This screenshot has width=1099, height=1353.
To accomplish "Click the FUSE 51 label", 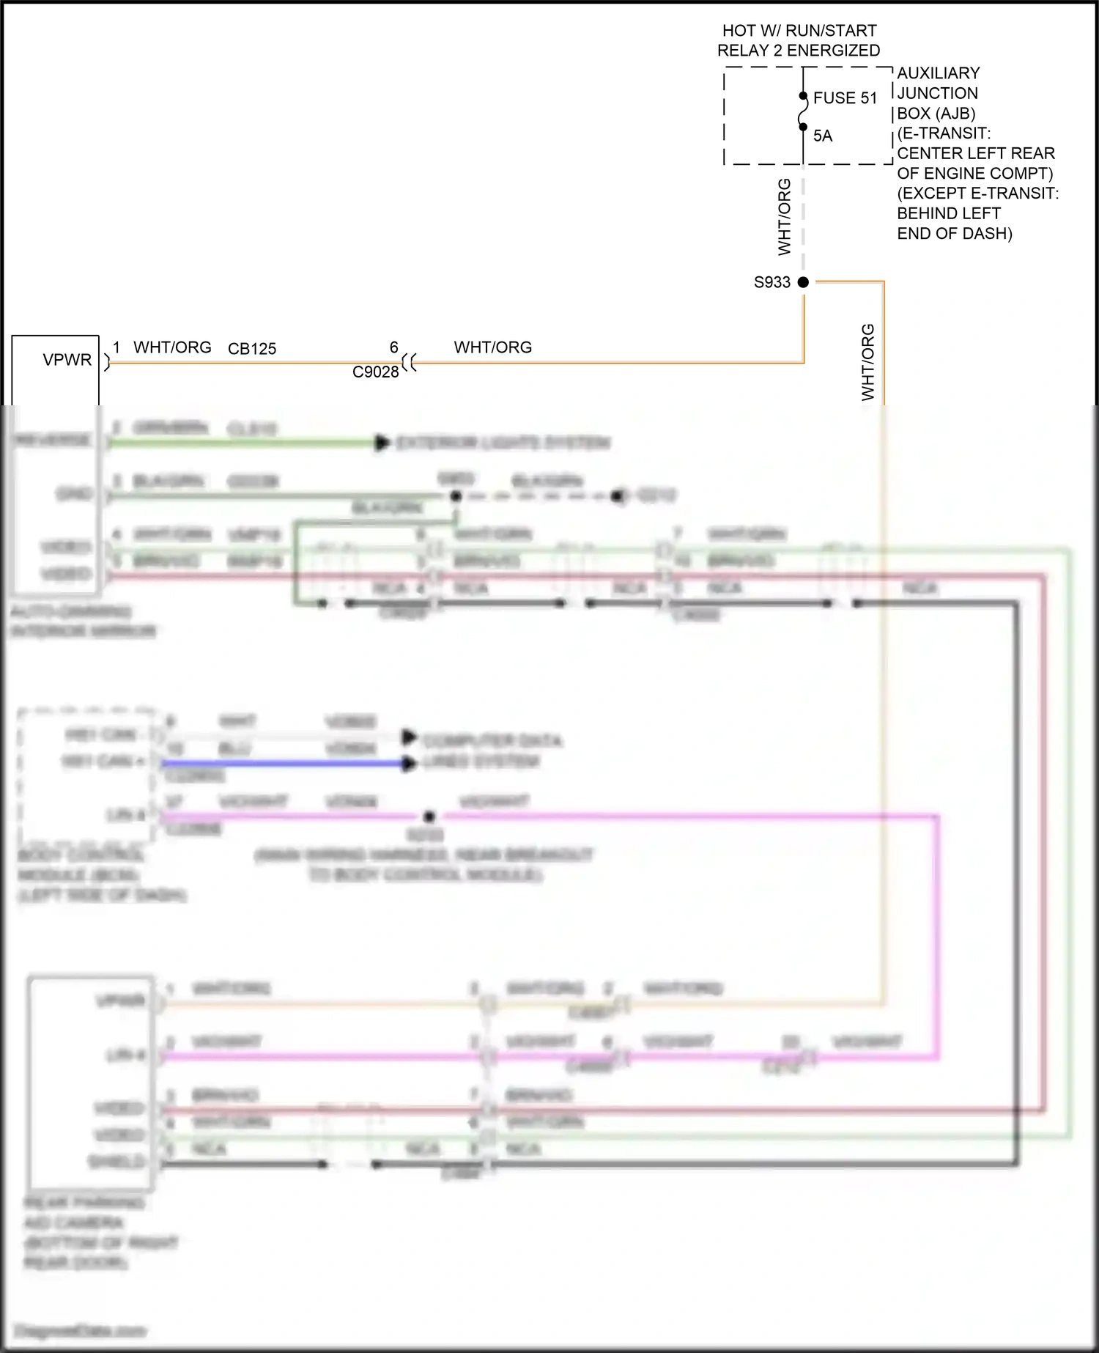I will pos(845,98).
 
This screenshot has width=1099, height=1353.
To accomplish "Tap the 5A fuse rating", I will pos(823,136).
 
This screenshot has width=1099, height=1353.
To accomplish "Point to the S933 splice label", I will pos(771,282).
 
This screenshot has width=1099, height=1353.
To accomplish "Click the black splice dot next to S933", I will pos(803,282).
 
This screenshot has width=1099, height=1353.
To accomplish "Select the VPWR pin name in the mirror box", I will pos(67,360).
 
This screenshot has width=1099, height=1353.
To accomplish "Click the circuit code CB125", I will pos(252,349).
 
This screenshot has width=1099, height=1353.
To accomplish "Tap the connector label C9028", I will pos(375,372).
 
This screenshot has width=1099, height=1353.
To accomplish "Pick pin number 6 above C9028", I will pos(393,347).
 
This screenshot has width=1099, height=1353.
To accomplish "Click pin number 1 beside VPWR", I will pos(116,347).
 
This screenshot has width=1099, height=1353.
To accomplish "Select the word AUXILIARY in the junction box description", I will pos(939,73).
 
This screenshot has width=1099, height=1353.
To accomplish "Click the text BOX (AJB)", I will pos(936,114).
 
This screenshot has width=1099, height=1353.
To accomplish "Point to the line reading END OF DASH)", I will pos(955,234).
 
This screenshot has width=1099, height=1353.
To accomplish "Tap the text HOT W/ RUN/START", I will pos(799,31).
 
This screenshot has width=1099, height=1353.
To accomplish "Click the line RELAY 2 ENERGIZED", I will pos(799,51).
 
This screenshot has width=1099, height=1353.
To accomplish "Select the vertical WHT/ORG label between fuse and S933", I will pos(785,217).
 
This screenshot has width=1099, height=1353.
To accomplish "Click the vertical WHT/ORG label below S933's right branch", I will pos(868,362).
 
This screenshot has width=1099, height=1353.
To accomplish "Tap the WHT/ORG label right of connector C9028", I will pos(493,347).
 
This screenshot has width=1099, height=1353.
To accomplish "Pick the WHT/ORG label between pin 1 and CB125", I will pos(172,347).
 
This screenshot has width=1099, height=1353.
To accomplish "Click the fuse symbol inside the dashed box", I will pos(803,111).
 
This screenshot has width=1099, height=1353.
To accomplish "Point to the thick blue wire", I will pos(286,764).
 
